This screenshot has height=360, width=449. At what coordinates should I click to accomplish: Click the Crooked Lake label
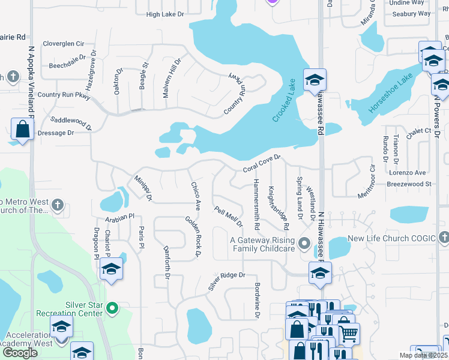click(x=285, y=100)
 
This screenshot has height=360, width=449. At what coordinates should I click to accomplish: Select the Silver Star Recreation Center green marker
click(x=111, y=308)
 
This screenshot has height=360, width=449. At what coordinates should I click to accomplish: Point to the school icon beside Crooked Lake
click(x=314, y=80)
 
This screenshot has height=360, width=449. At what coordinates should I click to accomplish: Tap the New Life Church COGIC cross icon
click(x=444, y=238)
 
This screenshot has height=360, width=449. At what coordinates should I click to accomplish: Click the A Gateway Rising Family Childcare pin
click(x=304, y=244)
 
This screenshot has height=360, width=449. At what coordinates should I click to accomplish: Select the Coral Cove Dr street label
click(x=262, y=166)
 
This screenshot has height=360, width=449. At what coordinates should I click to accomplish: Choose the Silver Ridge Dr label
click(x=227, y=280)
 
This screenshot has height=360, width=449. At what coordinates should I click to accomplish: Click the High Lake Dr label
click(x=164, y=14)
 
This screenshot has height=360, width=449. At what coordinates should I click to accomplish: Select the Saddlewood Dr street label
click(x=71, y=124)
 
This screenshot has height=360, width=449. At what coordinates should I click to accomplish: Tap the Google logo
click(x=20, y=352)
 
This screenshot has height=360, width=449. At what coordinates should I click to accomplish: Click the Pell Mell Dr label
click(x=229, y=217)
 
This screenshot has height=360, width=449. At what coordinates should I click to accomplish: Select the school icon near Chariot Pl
click(x=111, y=269)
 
